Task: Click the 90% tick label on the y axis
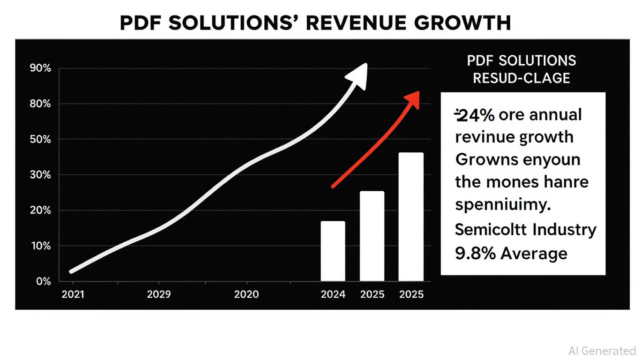pos(40,68)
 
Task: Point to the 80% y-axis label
pos(40,104)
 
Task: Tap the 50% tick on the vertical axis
pos(40,139)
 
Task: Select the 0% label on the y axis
pos(43,281)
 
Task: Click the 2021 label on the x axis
pos(73,294)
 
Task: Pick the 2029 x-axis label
pos(159,294)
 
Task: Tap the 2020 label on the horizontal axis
pos(246,294)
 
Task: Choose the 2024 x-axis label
pos(333,294)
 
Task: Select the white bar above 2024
pos(333,251)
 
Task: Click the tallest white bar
pos(411,217)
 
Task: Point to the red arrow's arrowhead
pos(412,99)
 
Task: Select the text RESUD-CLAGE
pos(522,78)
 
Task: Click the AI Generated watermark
pos(602,351)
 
